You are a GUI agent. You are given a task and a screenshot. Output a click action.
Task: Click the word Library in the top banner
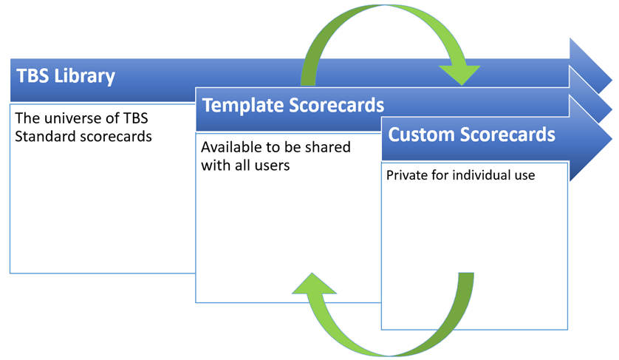(84, 76)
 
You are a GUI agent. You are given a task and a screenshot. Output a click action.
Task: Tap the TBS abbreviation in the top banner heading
(33, 75)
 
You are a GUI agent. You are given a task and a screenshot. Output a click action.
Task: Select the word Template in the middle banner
(243, 105)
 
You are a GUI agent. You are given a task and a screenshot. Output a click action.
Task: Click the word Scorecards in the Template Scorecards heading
(336, 105)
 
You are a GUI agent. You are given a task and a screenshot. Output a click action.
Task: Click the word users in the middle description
(273, 165)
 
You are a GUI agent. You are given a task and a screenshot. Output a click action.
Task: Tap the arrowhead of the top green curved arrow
(460, 74)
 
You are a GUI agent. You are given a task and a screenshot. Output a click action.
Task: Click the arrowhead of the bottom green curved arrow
(313, 284)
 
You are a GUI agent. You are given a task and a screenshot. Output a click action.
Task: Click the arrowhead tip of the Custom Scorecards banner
(612, 138)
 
